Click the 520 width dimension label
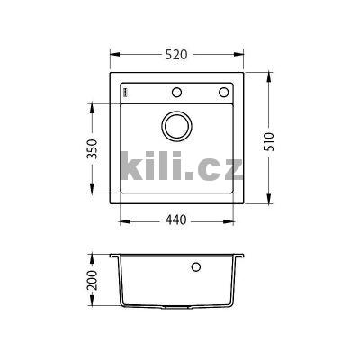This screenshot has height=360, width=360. coord(176,55)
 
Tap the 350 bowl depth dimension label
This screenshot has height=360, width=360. coord(93,149)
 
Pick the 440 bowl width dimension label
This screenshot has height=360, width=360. coord(176,220)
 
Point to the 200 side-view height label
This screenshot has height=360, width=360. coord(93,280)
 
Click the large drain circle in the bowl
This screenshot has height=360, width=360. coord(176,126)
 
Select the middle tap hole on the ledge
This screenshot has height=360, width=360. coord(176,92)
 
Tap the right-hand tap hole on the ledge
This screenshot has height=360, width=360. coord(223,92)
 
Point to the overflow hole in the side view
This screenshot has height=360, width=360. coord(196,266)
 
